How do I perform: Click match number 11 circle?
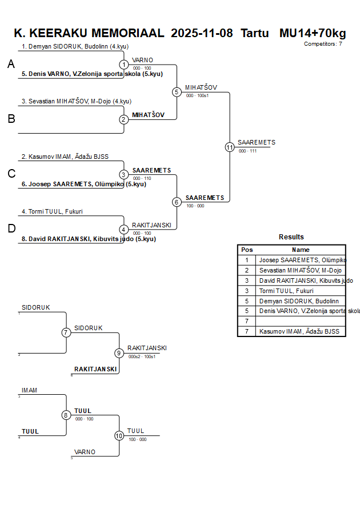pos(230,147)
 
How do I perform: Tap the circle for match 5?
pos(177,92)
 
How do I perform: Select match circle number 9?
pos(119,353)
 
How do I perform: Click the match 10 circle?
pos(119,436)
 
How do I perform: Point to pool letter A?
pos(11,65)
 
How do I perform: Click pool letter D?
pos(11,229)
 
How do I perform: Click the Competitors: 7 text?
pos(323,44)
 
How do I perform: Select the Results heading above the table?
pos(291,237)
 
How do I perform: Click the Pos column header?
pos(247,250)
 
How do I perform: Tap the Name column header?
pos(301,250)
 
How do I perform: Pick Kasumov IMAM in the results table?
pos(299,332)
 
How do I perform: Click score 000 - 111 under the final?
pos(247,151)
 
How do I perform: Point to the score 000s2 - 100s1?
pos(142,356)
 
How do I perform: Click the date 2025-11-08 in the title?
pos(202,33)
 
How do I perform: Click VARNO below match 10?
pos(85,452)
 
